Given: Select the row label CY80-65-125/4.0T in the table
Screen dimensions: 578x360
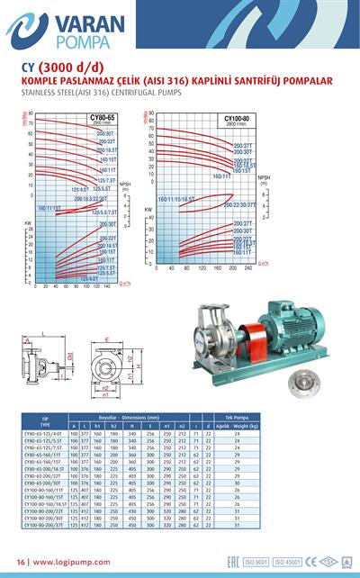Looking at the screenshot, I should coord(44,434).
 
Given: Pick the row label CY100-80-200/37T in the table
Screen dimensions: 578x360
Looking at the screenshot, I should coord(44,537).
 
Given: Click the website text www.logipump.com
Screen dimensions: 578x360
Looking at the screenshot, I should coord(72,563).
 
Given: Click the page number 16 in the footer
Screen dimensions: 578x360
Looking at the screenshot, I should coord(20,563).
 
